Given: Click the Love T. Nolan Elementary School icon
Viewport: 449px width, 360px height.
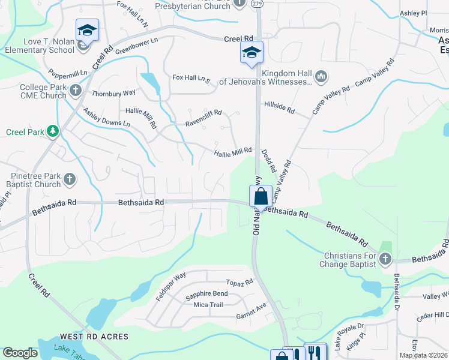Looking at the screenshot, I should [x=87, y=29].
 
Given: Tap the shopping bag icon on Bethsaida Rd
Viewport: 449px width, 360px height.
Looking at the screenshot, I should [x=261, y=196].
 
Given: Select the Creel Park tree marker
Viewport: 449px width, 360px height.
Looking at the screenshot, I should [x=53, y=131].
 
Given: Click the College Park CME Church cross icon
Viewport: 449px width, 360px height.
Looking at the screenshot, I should [x=75, y=91].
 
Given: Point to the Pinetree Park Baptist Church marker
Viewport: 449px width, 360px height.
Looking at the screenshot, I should [x=70, y=179].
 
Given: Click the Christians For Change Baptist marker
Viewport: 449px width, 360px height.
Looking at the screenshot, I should [x=385, y=259].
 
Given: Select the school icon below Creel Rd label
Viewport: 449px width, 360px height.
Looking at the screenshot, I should [x=252, y=52].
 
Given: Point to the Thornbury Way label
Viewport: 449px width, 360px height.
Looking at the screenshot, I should [x=113, y=94].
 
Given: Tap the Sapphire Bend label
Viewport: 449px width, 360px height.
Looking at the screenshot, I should [x=206, y=293].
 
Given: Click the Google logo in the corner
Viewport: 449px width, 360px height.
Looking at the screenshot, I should [x=20, y=353].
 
